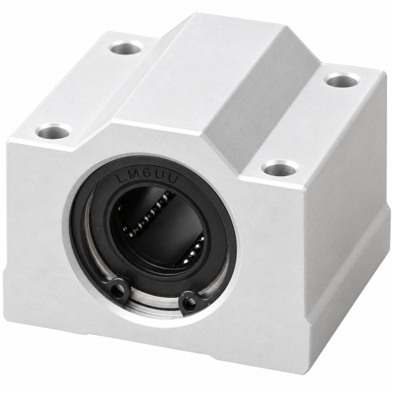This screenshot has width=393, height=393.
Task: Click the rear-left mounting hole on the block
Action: pyautogui.click(x=127, y=48)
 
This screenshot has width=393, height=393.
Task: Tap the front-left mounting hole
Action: pyautogui.click(x=54, y=131)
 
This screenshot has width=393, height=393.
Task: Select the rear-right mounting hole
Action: pyautogui.click(x=342, y=81)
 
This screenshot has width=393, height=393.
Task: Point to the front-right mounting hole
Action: pyautogui.click(x=282, y=168)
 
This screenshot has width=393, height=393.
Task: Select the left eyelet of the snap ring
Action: pyautogui.click(x=119, y=288)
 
